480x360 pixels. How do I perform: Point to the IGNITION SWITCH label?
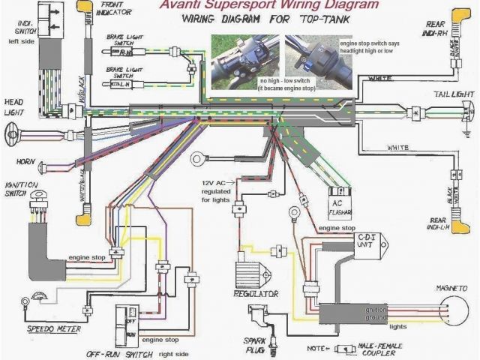(x=16, y=189)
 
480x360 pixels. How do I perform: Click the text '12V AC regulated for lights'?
(x=217, y=190)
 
